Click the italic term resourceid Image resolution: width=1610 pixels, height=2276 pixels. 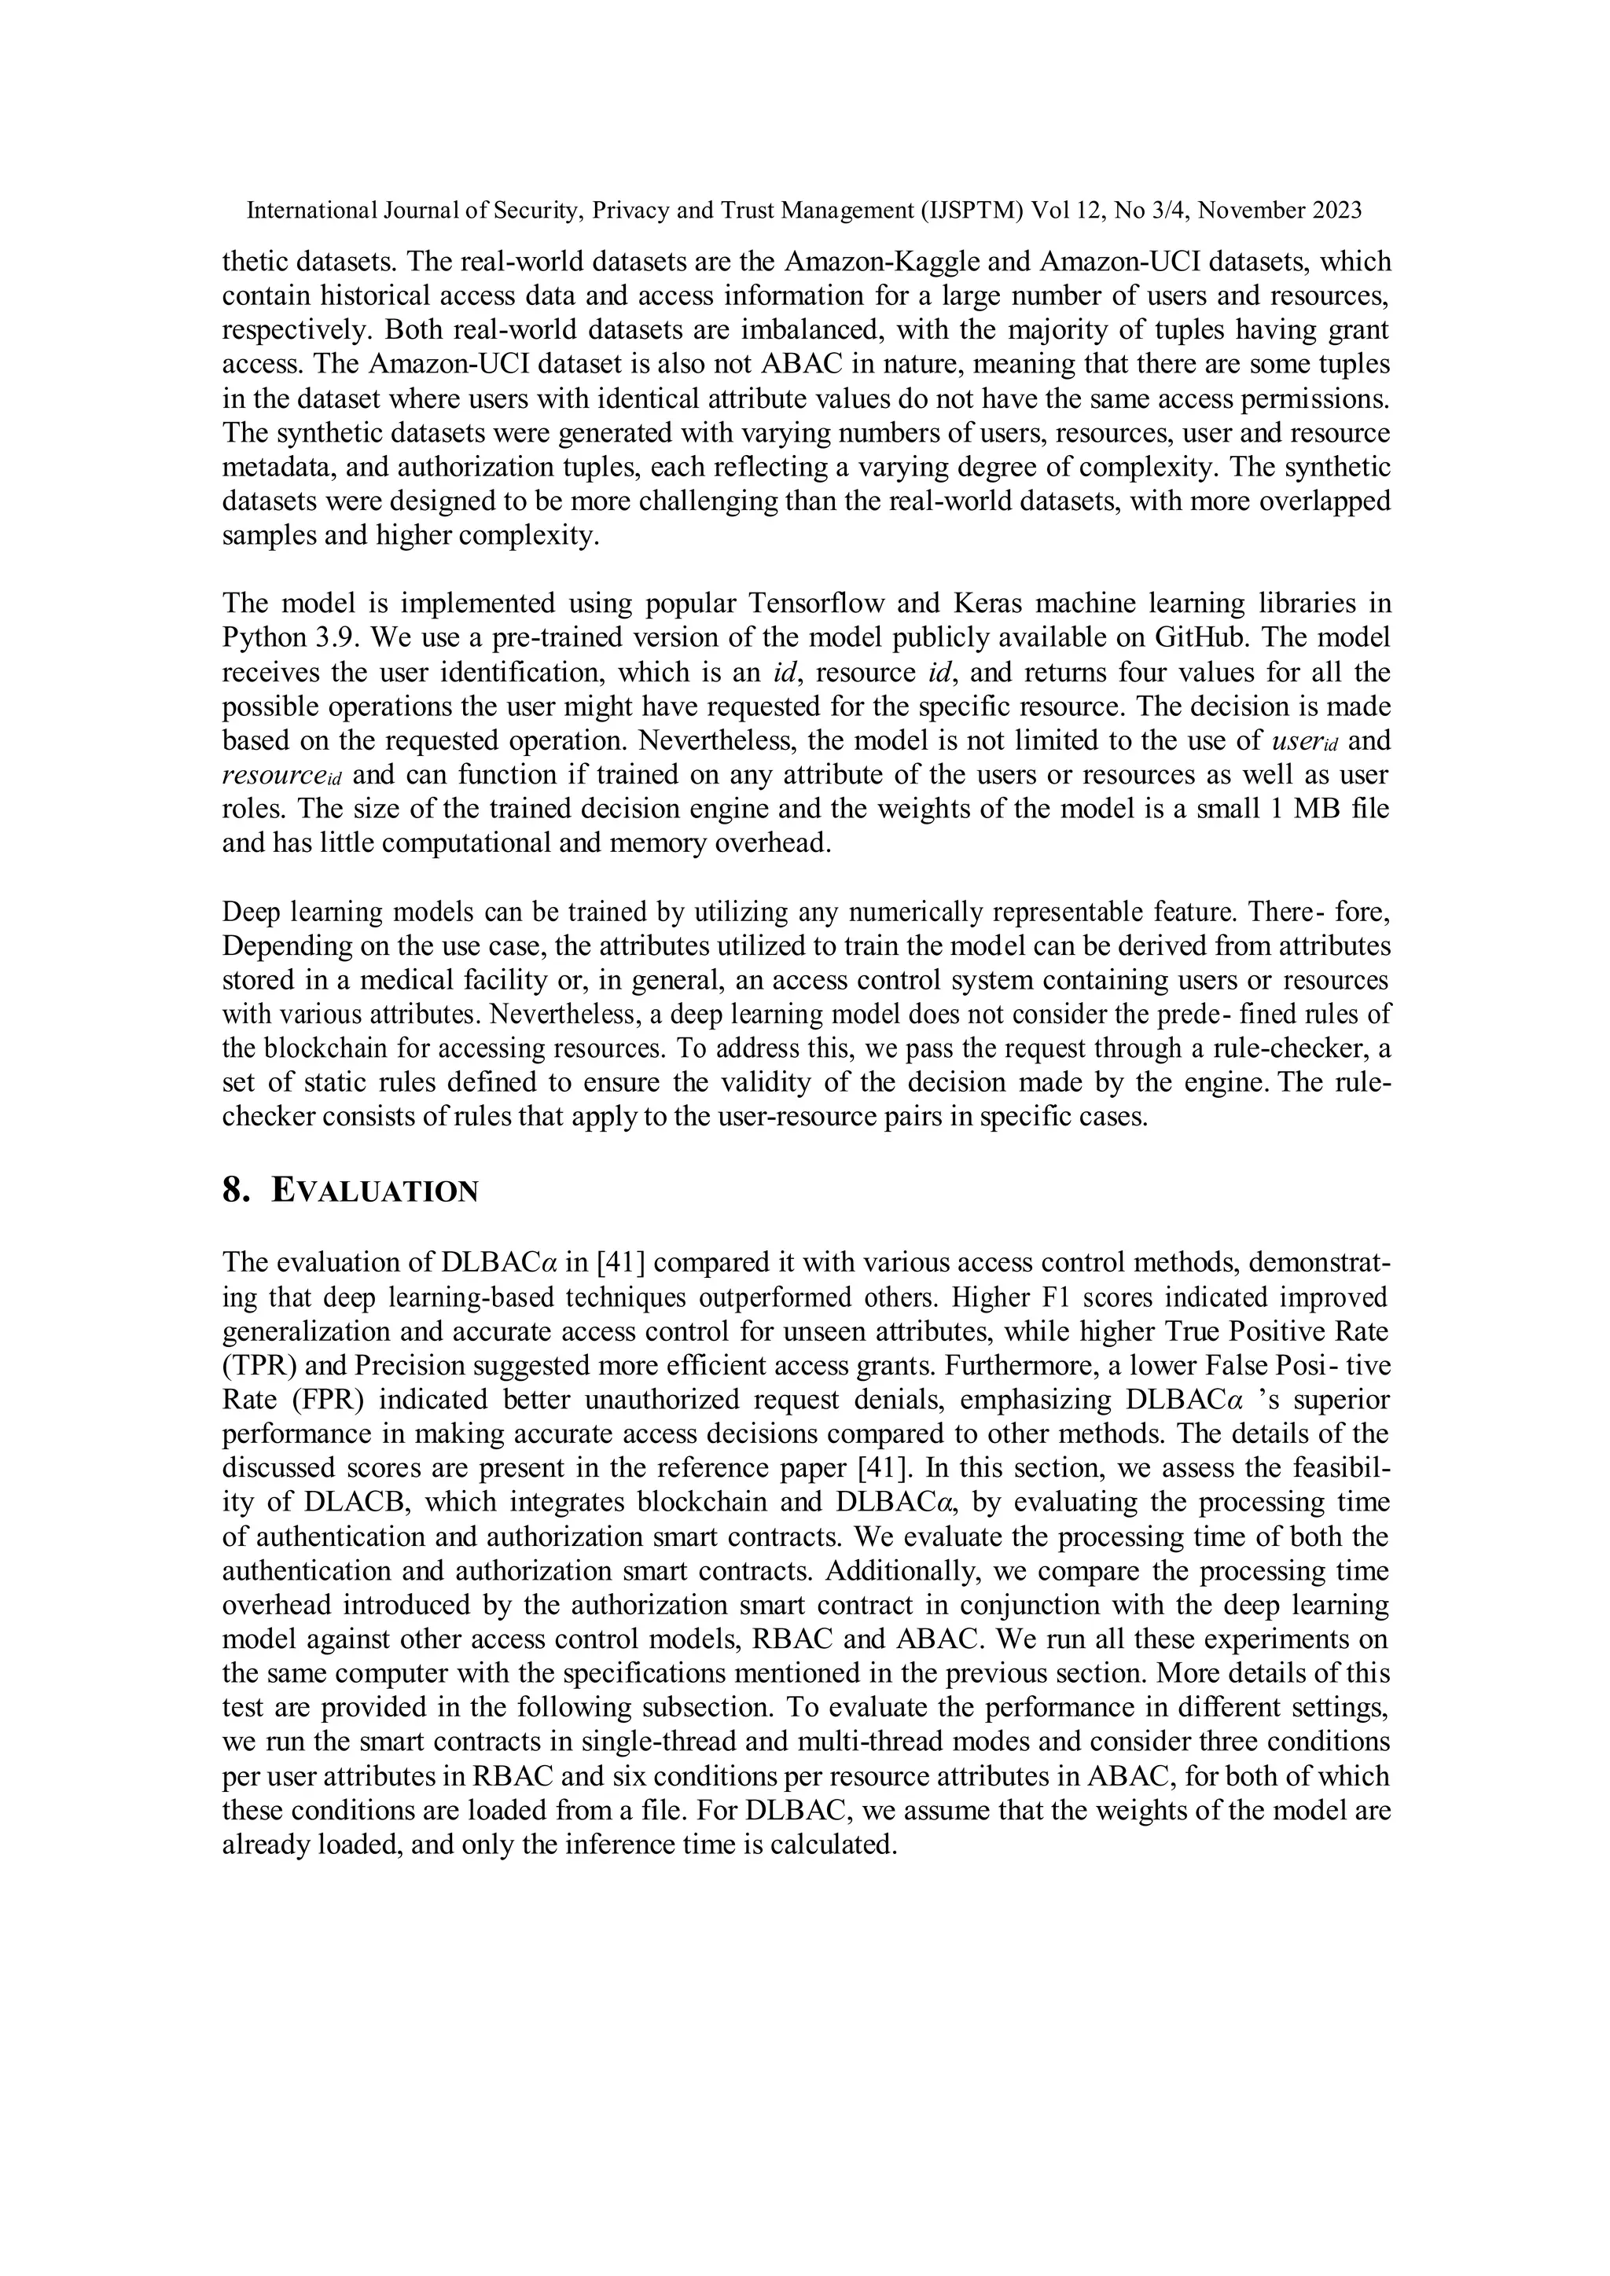pyautogui.click(x=281, y=775)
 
